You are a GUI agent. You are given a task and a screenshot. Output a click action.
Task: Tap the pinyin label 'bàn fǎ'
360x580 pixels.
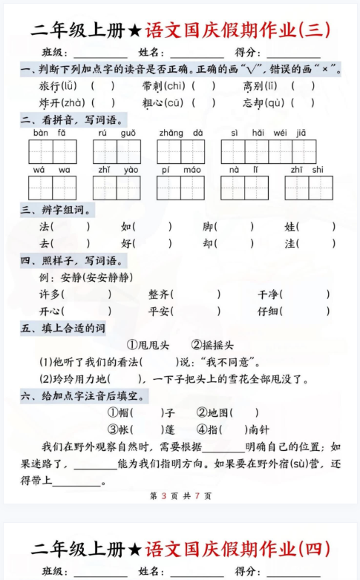click(49, 134)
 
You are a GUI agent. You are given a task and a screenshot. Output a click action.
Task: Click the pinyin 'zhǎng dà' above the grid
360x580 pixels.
click(180, 134)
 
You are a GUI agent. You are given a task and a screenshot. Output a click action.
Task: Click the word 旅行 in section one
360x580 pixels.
click(50, 85)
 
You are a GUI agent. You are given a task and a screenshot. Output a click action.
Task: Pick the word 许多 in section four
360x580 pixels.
click(50, 294)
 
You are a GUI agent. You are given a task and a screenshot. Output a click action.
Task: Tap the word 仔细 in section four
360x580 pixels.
click(268, 311)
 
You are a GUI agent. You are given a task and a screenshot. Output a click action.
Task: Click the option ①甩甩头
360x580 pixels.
click(148, 345)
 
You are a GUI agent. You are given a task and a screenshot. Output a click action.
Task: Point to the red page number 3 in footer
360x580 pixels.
click(163, 495)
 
